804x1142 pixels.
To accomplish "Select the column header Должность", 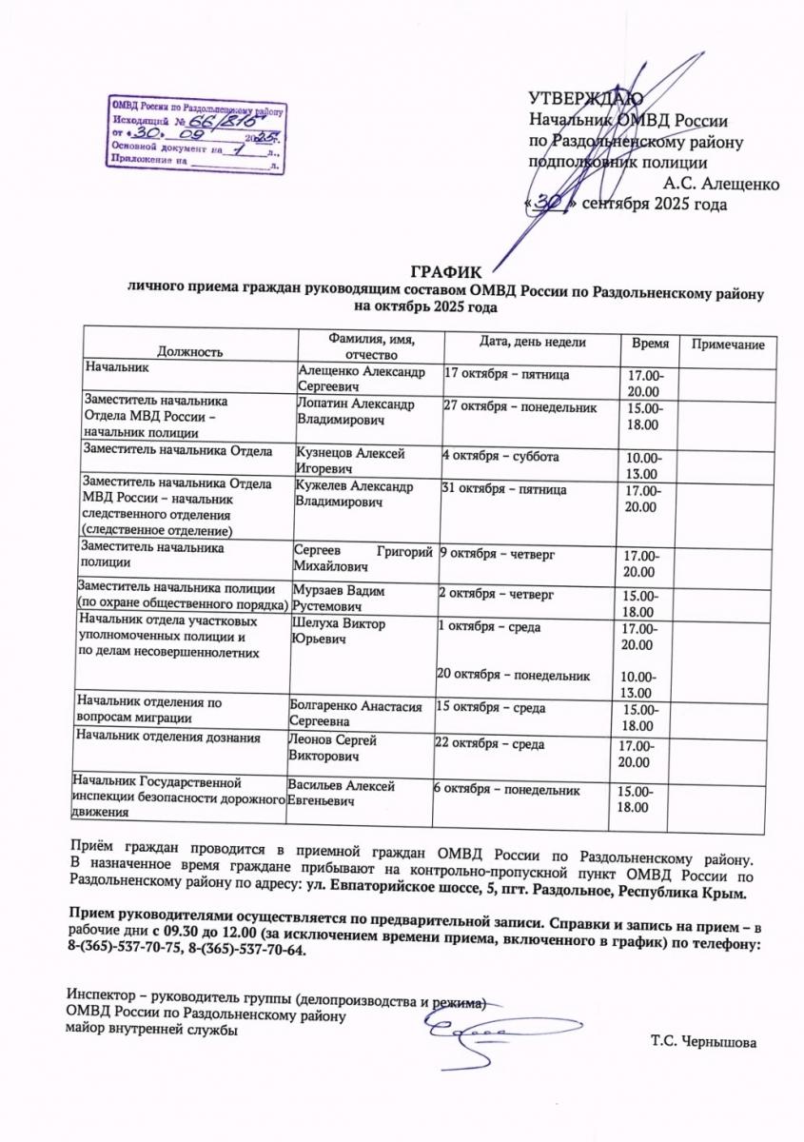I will click(190, 351).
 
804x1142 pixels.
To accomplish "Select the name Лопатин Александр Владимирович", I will click(356, 412).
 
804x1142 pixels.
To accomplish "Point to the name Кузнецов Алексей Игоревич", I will click(351, 462).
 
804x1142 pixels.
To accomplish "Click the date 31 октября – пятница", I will click(505, 489).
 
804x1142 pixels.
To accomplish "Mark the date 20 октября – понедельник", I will click(514, 676).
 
